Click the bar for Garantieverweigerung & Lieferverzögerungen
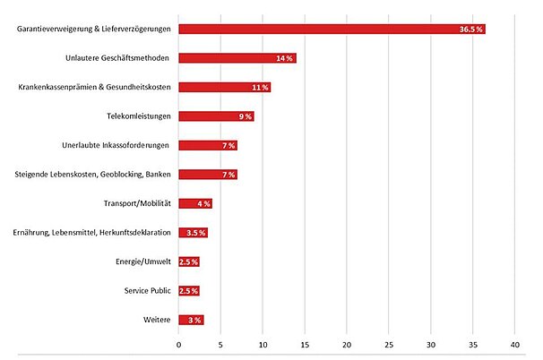point(332,29)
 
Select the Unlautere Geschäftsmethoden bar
point(237,58)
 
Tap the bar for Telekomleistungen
point(216,116)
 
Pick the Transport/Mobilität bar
point(195,203)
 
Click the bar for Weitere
point(191,320)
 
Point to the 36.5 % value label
point(471,30)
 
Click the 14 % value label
point(285,58)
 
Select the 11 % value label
point(260,88)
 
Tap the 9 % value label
point(244,116)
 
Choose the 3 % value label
point(194,320)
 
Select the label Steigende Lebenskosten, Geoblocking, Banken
point(95,175)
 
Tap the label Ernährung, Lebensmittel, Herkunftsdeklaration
point(93,233)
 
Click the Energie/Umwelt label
point(148,261)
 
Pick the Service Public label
point(148,291)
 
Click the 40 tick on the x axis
point(515,344)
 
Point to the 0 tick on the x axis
point(178,344)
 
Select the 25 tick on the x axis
point(389,344)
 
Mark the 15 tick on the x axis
point(305,344)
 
